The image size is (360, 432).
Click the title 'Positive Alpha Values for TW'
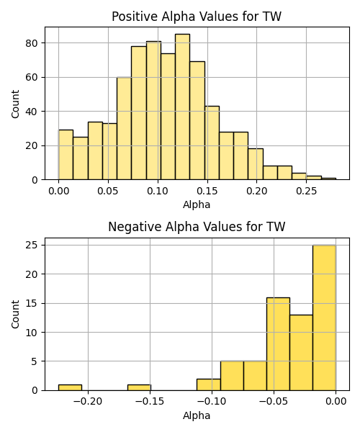click(197, 17)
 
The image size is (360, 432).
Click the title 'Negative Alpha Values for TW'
click(197, 227)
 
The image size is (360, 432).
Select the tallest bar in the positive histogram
click(182, 107)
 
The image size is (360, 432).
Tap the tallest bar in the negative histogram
click(324, 318)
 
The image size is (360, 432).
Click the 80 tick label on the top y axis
click(32, 43)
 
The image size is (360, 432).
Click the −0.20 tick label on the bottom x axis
click(88, 402)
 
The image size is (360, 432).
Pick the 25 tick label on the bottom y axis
click(32, 245)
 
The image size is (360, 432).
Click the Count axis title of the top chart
click(15, 104)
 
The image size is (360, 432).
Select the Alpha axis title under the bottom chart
click(197, 415)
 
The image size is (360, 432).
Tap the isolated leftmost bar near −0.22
click(70, 387)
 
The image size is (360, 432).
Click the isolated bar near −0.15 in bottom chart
click(139, 387)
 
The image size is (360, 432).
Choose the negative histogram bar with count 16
click(278, 344)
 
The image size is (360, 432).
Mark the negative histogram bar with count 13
click(301, 353)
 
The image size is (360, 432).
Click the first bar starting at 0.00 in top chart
click(66, 155)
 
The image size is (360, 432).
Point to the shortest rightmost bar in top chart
click(328, 179)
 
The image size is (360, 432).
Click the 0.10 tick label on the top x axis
click(158, 191)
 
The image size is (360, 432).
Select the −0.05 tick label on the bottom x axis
click(274, 402)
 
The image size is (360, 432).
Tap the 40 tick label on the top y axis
click(32, 112)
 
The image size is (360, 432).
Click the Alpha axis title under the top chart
click(197, 204)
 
